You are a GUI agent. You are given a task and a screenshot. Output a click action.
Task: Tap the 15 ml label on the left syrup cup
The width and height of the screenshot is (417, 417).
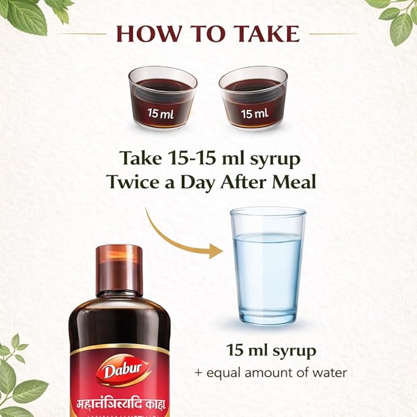pos(161,114)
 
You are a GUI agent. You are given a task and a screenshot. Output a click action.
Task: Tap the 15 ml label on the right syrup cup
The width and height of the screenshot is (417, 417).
pos(254,114)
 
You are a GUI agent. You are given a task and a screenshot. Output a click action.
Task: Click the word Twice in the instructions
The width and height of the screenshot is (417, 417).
pos(134,182)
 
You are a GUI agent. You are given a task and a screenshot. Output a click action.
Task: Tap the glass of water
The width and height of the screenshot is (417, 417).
pos(268,267)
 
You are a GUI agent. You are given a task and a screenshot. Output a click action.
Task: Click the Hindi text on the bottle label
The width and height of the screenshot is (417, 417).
pos(121,404)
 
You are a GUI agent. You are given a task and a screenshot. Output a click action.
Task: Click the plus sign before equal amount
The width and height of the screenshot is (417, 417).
pos(198,373)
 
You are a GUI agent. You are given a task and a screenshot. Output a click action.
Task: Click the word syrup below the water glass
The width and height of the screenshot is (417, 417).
pos(294,351)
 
